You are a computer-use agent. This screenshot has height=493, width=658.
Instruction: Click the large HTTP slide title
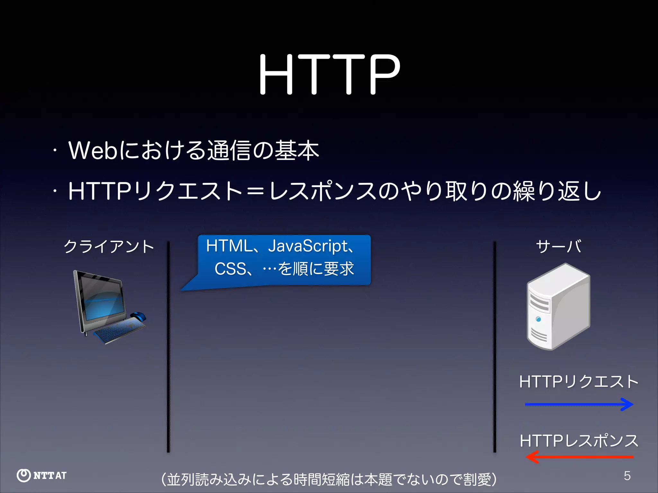click(x=329, y=74)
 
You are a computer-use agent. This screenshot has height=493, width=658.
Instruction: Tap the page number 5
click(x=627, y=476)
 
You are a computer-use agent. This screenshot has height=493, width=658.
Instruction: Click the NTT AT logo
click(x=42, y=475)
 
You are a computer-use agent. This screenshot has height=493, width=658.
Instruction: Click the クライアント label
click(x=109, y=246)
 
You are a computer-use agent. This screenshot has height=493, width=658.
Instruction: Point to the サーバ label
click(x=558, y=246)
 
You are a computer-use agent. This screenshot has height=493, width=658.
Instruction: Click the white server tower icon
click(x=558, y=307)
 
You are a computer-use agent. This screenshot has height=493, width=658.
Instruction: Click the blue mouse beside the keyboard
click(x=138, y=316)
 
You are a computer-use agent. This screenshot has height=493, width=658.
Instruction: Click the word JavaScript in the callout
click(x=308, y=246)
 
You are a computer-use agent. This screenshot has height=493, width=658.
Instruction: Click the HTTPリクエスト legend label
click(x=579, y=382)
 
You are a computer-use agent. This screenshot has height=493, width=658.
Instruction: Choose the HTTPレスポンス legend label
click(x=579, y=441)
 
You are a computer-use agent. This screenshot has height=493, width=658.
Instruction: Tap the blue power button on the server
click(x=538, y=319)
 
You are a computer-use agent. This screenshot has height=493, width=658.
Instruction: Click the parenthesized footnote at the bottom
click(x=329, y=480)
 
